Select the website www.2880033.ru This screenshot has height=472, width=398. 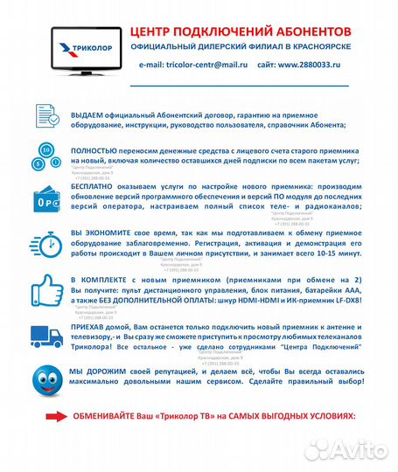coord(311,65)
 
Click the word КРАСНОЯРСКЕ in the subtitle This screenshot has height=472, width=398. coord(320,45)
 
